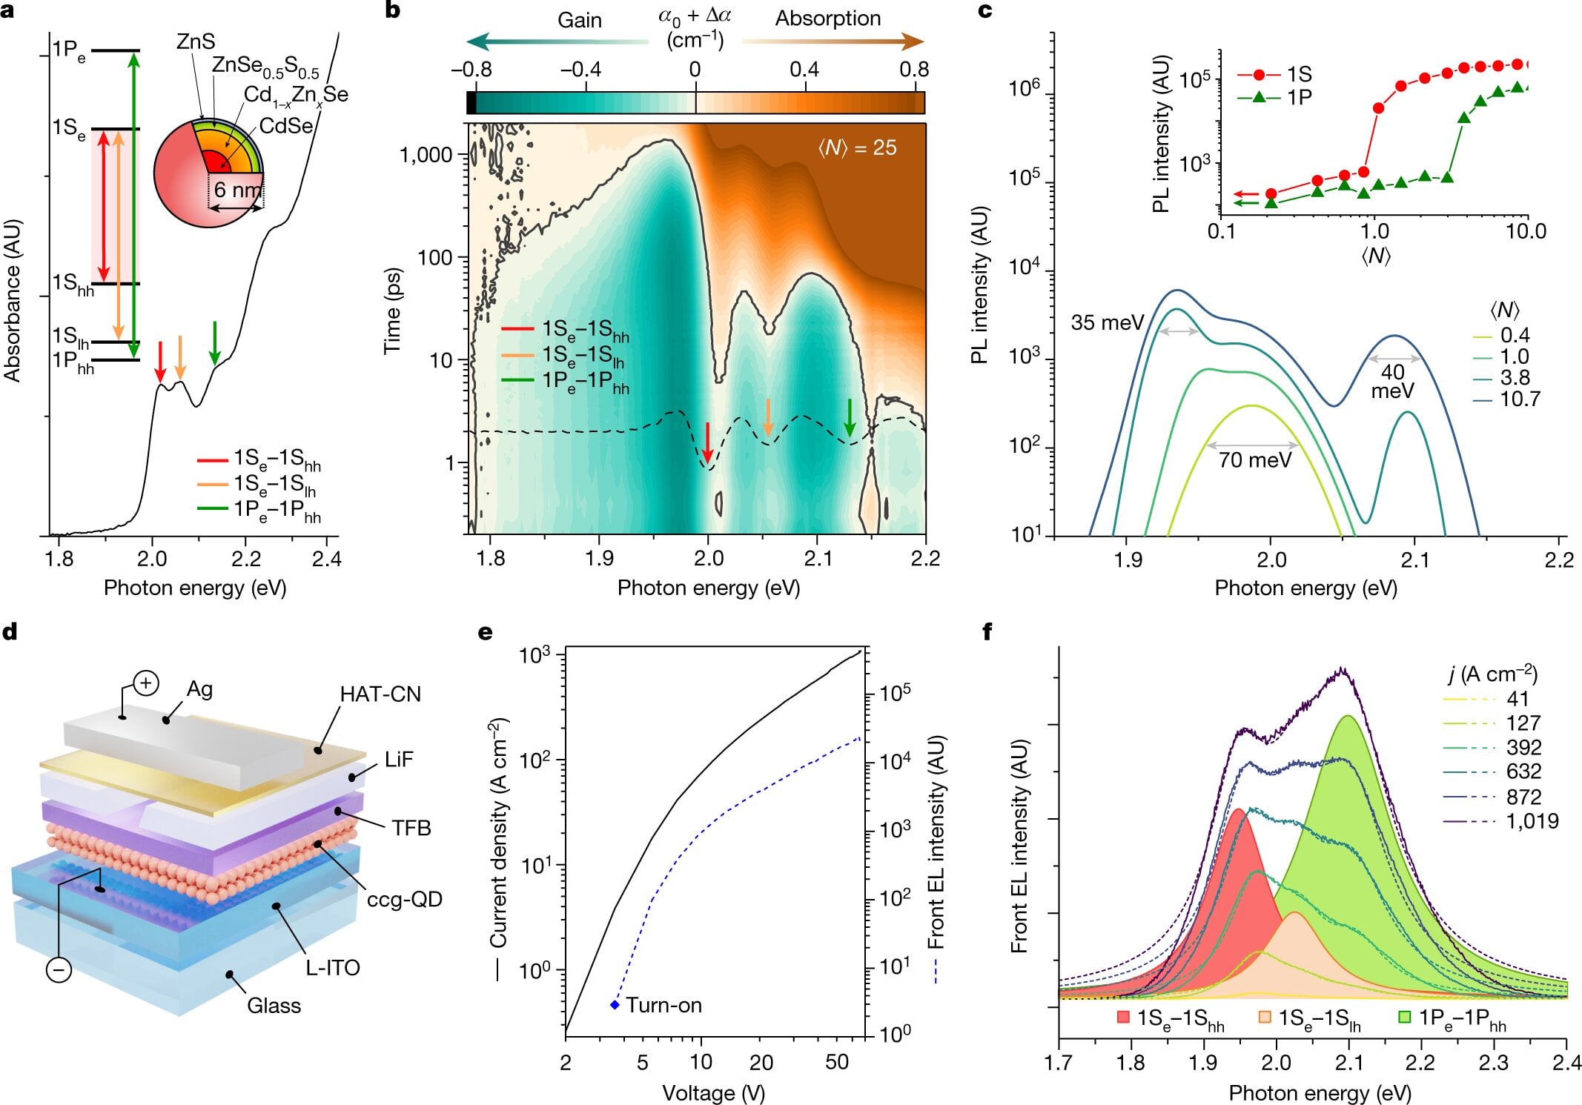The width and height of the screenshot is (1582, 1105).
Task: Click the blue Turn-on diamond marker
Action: [615, 1005]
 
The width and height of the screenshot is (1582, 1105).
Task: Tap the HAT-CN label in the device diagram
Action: [380, 694]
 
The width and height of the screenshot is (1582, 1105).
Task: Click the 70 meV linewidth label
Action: [1254, 460]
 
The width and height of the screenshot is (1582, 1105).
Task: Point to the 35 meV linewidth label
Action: [1107, 323]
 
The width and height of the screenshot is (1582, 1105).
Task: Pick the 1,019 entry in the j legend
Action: [1532, 821]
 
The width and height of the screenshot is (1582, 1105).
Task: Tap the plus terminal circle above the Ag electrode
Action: [145, 683]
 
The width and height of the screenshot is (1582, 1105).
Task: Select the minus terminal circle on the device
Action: [59, 969]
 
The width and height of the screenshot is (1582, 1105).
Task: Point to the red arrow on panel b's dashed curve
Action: [707, 442]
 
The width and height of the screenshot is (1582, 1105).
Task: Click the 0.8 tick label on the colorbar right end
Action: [913, 70]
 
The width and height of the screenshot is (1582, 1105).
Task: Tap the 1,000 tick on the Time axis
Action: [426, 155]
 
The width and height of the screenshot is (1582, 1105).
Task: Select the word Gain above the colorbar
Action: [579, 20]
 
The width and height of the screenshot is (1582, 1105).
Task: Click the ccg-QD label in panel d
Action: [404, 900]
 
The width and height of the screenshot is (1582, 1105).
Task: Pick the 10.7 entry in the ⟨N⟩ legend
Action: [1519, 399]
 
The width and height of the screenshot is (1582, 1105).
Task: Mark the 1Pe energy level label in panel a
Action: [68, 50]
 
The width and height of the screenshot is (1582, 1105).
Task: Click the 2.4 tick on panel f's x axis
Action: [1566, 1063]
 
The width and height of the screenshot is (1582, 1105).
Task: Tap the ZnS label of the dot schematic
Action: [196, 42]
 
